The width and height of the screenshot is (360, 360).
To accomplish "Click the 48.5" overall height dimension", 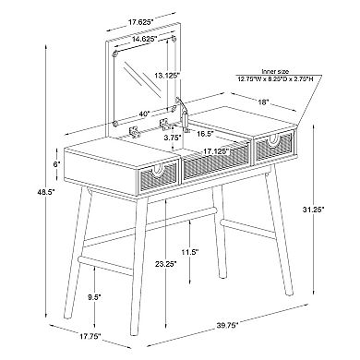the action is click(x=46, y=192).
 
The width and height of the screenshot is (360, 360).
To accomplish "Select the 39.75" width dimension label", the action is click(x=227, y=325).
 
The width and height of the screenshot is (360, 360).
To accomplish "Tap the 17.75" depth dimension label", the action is click(x=90, y=336).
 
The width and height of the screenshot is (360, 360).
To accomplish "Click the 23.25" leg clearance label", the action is click(x=166, y=263).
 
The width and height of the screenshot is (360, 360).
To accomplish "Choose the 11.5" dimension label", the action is click(x=190, y=252).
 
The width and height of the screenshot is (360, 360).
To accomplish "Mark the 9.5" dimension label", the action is click(x=94, y=297).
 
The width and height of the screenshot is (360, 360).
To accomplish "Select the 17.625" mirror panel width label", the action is click(x=140, y=22).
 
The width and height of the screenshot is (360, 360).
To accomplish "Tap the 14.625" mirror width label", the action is click(x=145, y=39).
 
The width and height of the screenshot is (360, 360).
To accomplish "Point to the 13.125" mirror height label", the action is click(x=167, y=75).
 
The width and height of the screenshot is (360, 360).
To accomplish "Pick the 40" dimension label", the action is click(x=145, y=114).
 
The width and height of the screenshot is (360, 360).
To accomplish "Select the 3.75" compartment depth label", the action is click(x=173, y=138).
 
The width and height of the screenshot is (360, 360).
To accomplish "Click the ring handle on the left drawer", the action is click(x=160, y=171).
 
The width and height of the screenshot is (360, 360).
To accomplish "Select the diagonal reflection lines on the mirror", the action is click(x=142, y=79).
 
